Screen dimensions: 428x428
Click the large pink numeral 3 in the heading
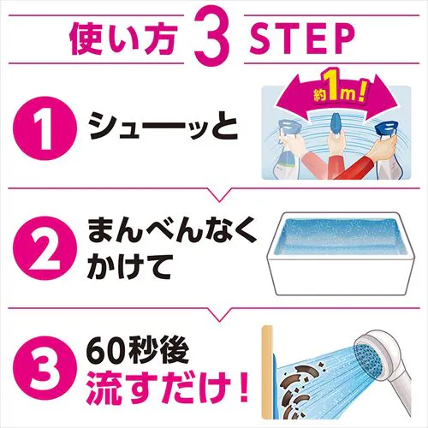(213, 37)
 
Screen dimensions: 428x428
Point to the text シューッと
(163, 132)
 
